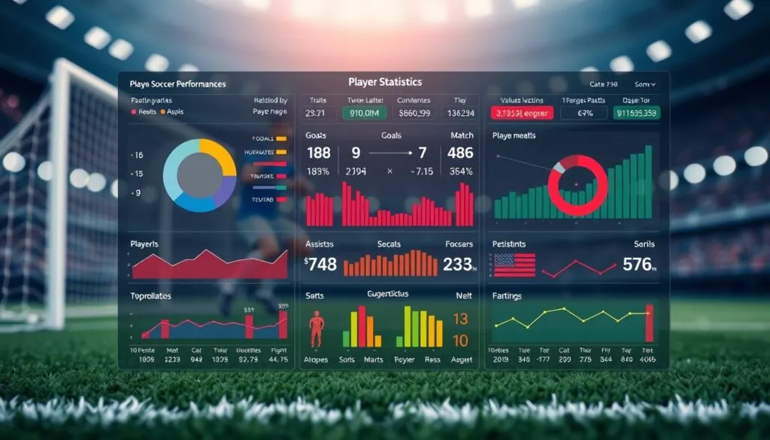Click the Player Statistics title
tap(385, 81)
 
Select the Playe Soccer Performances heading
tap(177, 84)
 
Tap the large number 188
tap(319, 153)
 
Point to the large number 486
tap(459, 153)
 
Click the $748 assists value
tap(320, 264)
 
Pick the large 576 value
tap(638, 264)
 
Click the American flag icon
tap(514, 265)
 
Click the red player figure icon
tap(317, 329)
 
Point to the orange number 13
tap(460, 319)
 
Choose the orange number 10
tap(460, 340)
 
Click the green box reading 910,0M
tap(364, 113)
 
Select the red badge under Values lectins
tap(522, 113)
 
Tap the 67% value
tap(585, 113)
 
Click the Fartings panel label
tap(507, 296)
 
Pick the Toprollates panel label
tap(150, 296)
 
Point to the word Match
tap(462, 135)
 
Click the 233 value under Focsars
tap(458, 264)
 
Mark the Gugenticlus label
tap(388, 294)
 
